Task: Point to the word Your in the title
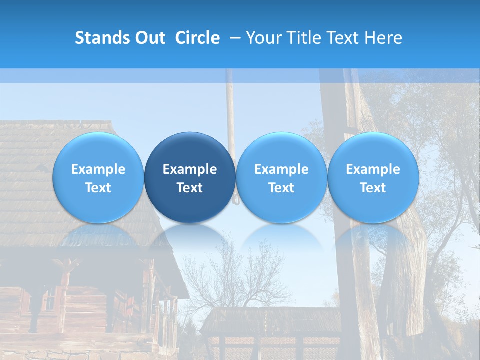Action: [264, 38]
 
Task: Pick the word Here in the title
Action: [384, 38]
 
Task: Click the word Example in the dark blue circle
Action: [190, 169]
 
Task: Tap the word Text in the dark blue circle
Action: [190, 188]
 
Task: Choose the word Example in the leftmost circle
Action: [98, 169]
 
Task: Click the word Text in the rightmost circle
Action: [373, 188]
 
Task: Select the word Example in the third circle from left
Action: [281, 169]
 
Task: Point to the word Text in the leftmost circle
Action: [98, 188]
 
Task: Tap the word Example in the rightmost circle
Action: [373, 169]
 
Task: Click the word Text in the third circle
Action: [281, 188]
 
